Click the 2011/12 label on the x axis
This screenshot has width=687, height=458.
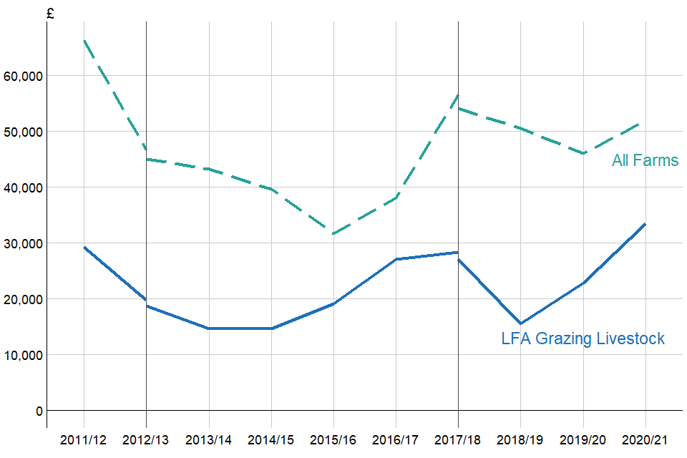pos(84,439)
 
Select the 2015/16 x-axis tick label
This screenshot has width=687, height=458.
pos(333,439)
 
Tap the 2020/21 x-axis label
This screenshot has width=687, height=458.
pos(645,439)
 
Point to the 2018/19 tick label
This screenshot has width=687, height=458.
pos(520,439)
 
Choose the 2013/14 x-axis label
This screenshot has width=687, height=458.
pos(209,439)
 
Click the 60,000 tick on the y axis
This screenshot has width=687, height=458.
pos(24,76)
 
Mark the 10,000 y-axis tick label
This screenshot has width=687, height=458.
pos(24,355)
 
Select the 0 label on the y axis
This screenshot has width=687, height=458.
pos(39,411)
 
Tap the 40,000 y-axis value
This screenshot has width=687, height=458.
pos(24,187)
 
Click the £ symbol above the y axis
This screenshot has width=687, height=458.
pos(49,14)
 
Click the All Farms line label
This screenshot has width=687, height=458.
pos(645,161)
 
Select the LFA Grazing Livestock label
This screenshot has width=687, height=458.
pos(583,338)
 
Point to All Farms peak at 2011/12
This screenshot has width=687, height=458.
pos(84,40)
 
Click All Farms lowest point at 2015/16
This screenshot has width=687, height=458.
pos(333,234)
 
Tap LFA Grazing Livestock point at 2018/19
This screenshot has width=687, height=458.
pos(521,323)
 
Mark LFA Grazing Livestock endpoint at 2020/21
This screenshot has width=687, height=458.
pos(645,224)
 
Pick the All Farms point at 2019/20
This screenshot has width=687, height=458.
pos(583,153)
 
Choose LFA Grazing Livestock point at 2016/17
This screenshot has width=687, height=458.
pos(396,259)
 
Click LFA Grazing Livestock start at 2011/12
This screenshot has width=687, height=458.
pos(84,247)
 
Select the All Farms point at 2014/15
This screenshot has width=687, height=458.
pos(271,189)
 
